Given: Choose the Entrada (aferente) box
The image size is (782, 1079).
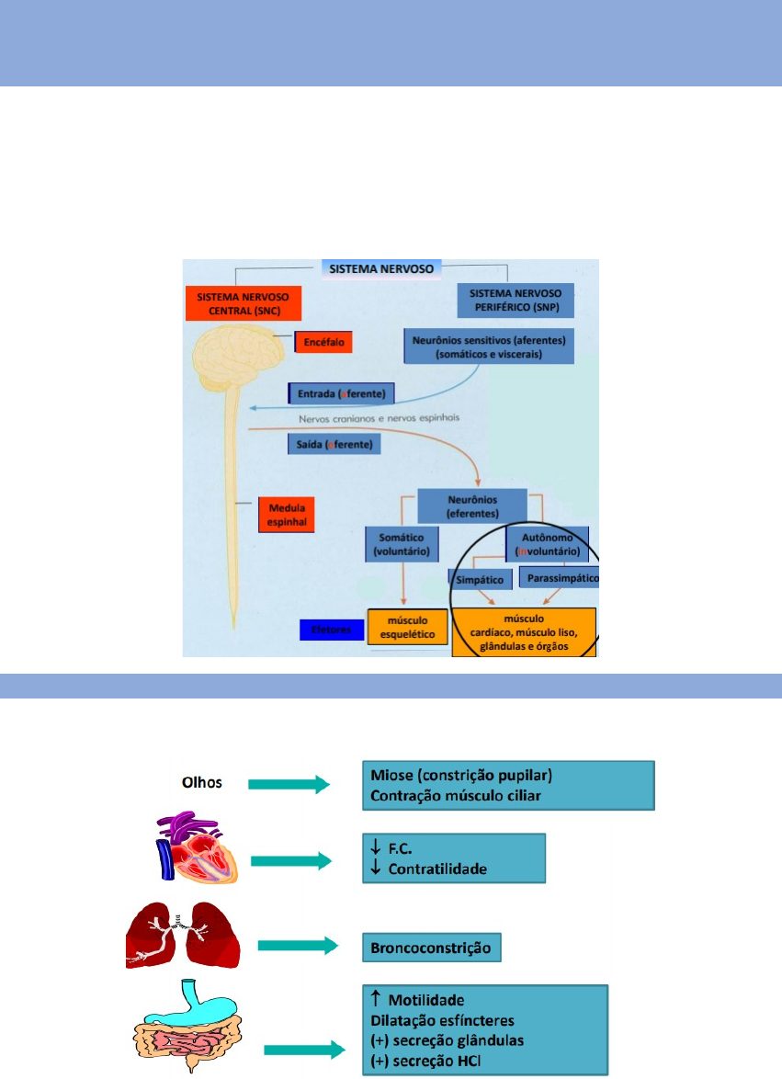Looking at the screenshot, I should [x=341, y=394].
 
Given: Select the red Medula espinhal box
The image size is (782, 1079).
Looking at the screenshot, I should [x=287, y=515].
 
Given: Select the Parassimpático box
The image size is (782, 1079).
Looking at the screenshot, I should [x=559, y=579].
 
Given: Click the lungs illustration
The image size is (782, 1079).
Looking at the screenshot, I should [x=184, y=934].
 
